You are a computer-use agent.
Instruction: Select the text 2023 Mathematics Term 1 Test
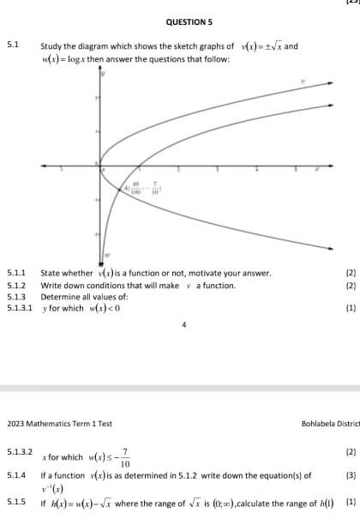(x=60, y=424)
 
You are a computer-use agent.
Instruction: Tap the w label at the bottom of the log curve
(x=108, y=255)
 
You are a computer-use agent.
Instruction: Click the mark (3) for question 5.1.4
(x=351, y=474)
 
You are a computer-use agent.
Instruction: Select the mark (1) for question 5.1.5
(x=351, y=503)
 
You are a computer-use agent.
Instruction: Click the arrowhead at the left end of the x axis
(x=42, y=166)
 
